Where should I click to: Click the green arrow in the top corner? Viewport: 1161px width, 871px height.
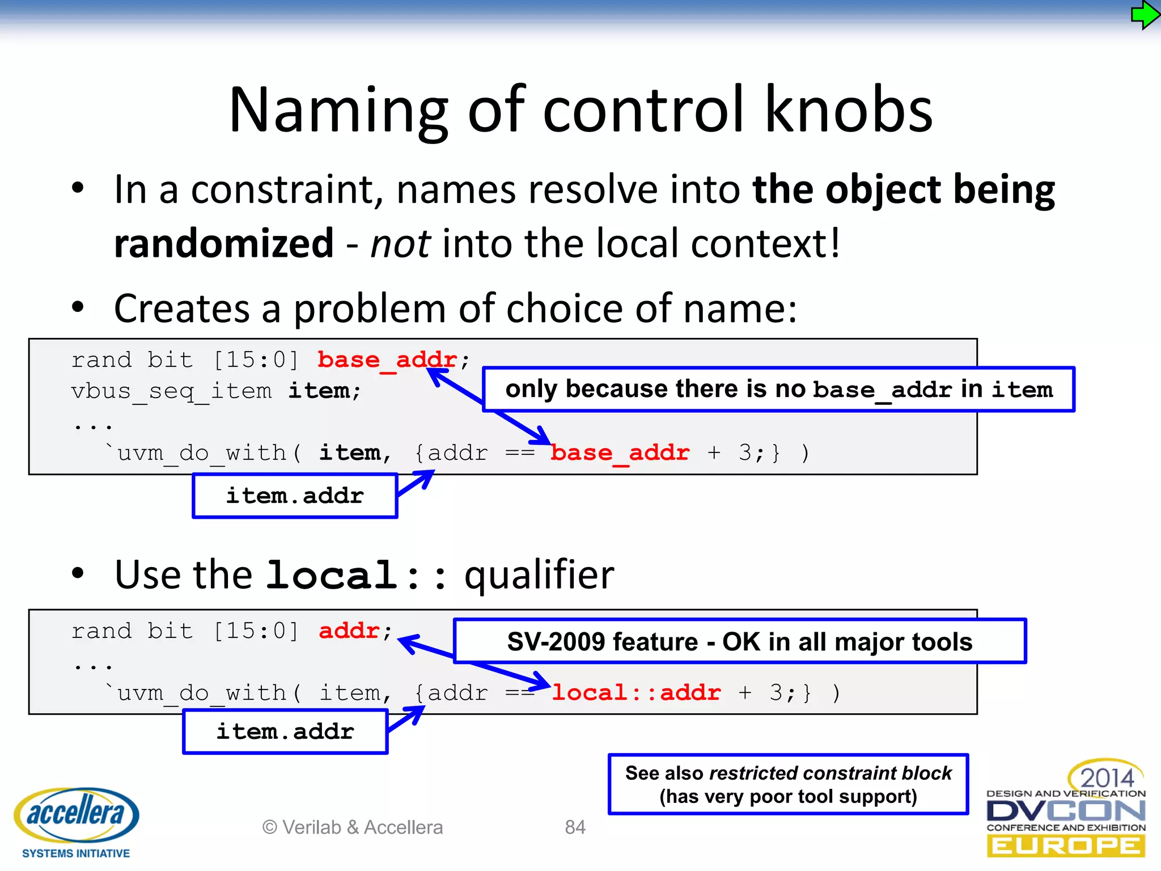coord(1144,15)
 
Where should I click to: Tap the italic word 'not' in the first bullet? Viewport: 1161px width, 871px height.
coord(400,243)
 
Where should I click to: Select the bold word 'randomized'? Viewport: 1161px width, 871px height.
coord(223,243)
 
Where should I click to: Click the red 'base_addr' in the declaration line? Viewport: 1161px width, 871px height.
coord(387,360)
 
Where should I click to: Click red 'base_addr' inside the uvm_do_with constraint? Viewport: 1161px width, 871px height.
coord(620,453)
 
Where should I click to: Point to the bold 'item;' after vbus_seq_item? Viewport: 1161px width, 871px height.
coord(324,391)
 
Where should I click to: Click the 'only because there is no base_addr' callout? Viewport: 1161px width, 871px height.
coord(778,389)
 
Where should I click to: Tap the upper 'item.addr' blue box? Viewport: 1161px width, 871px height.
coord(295,496)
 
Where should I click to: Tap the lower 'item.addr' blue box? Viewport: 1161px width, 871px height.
coord(285,732)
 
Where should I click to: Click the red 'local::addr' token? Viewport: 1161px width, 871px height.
coord(636,692)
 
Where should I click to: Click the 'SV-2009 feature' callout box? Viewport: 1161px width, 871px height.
coord(739,641)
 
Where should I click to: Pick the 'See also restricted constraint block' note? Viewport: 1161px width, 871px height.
coord(788,784)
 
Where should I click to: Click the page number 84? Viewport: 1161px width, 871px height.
coord(575,827)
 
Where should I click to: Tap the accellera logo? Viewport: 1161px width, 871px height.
coord(76,817)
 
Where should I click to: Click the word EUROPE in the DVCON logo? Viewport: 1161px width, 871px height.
coord(1066,847)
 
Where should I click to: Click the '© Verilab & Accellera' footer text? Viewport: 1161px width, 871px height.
coord(352,827)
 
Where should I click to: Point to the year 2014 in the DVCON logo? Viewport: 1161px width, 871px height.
coord(1107,777)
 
